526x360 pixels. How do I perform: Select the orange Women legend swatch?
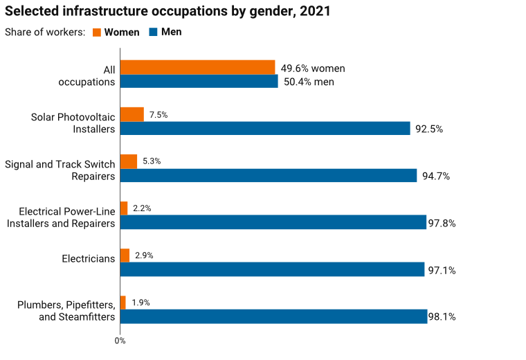point(97,32)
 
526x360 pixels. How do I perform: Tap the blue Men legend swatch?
point(154,32)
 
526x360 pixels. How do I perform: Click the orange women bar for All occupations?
point(198,67)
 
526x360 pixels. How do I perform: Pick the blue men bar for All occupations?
point(199,82)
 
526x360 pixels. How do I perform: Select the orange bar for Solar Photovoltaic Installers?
point(132,114)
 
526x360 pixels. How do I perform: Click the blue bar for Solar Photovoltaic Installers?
point(266,129)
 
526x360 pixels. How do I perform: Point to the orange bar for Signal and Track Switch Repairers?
point(129,161)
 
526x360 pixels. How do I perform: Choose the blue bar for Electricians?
point(273,269)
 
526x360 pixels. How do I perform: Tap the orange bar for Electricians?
point(125,255)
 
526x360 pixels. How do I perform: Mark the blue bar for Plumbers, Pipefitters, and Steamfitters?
point(274,316)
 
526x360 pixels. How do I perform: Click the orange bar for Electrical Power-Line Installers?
point(125,208)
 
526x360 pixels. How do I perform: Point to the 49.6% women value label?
point(313,69)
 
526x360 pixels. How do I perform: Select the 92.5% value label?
point(429,129)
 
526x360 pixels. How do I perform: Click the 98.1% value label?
point(442,317)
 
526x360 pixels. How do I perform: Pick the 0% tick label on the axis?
point(120,341)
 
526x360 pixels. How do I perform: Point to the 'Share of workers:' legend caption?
point(44,33)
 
